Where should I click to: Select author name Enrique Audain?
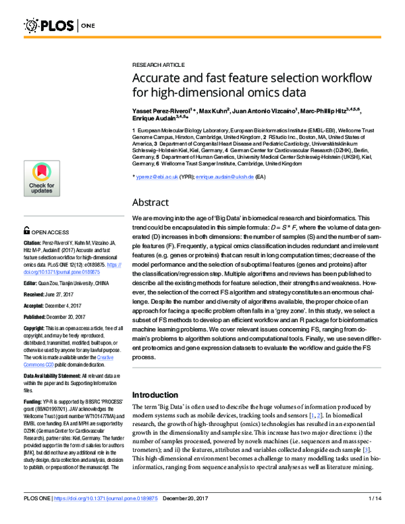[x=153, y=117]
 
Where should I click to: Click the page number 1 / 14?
[x=375, y=517]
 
